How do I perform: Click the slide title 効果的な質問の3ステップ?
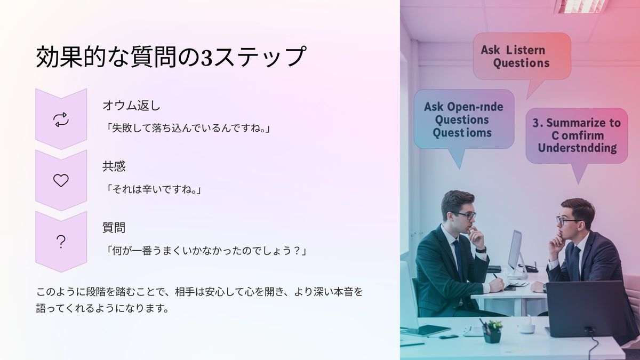171,57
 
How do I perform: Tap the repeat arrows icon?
61,119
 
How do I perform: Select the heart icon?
61,181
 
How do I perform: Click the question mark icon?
61,242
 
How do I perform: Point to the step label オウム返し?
131,106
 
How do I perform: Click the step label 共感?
114,166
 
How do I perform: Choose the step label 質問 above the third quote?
114,228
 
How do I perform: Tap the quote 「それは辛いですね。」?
153,189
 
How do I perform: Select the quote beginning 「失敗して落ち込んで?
187,128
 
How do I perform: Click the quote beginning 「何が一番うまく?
205,251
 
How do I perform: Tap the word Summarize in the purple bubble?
576,123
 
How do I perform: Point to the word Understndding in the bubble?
577,148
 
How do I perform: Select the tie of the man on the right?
576,263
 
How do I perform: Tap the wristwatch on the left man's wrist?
481,250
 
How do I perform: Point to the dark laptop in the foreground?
587,309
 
